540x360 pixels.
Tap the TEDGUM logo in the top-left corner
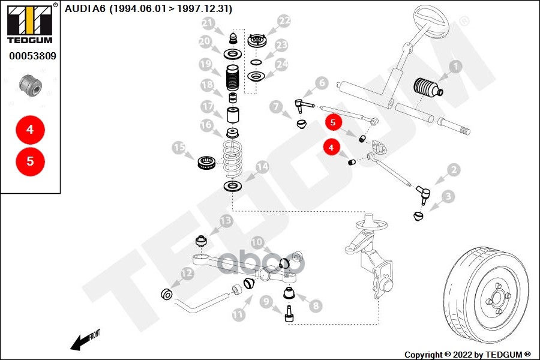point(28,23)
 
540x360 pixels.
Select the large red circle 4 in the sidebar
point(30,129)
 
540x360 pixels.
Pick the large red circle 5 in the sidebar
point(30,161)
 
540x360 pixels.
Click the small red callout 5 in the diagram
point(333,122)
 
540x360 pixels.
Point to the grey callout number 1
point(455,67)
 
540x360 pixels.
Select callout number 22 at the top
point(284,21)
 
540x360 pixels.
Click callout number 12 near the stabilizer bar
point(187,274)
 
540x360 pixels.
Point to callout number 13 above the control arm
point(225,221)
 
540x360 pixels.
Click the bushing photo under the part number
point(30,85)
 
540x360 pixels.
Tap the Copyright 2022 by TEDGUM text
point(467,355)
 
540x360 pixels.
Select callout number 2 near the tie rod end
point(454,170)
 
